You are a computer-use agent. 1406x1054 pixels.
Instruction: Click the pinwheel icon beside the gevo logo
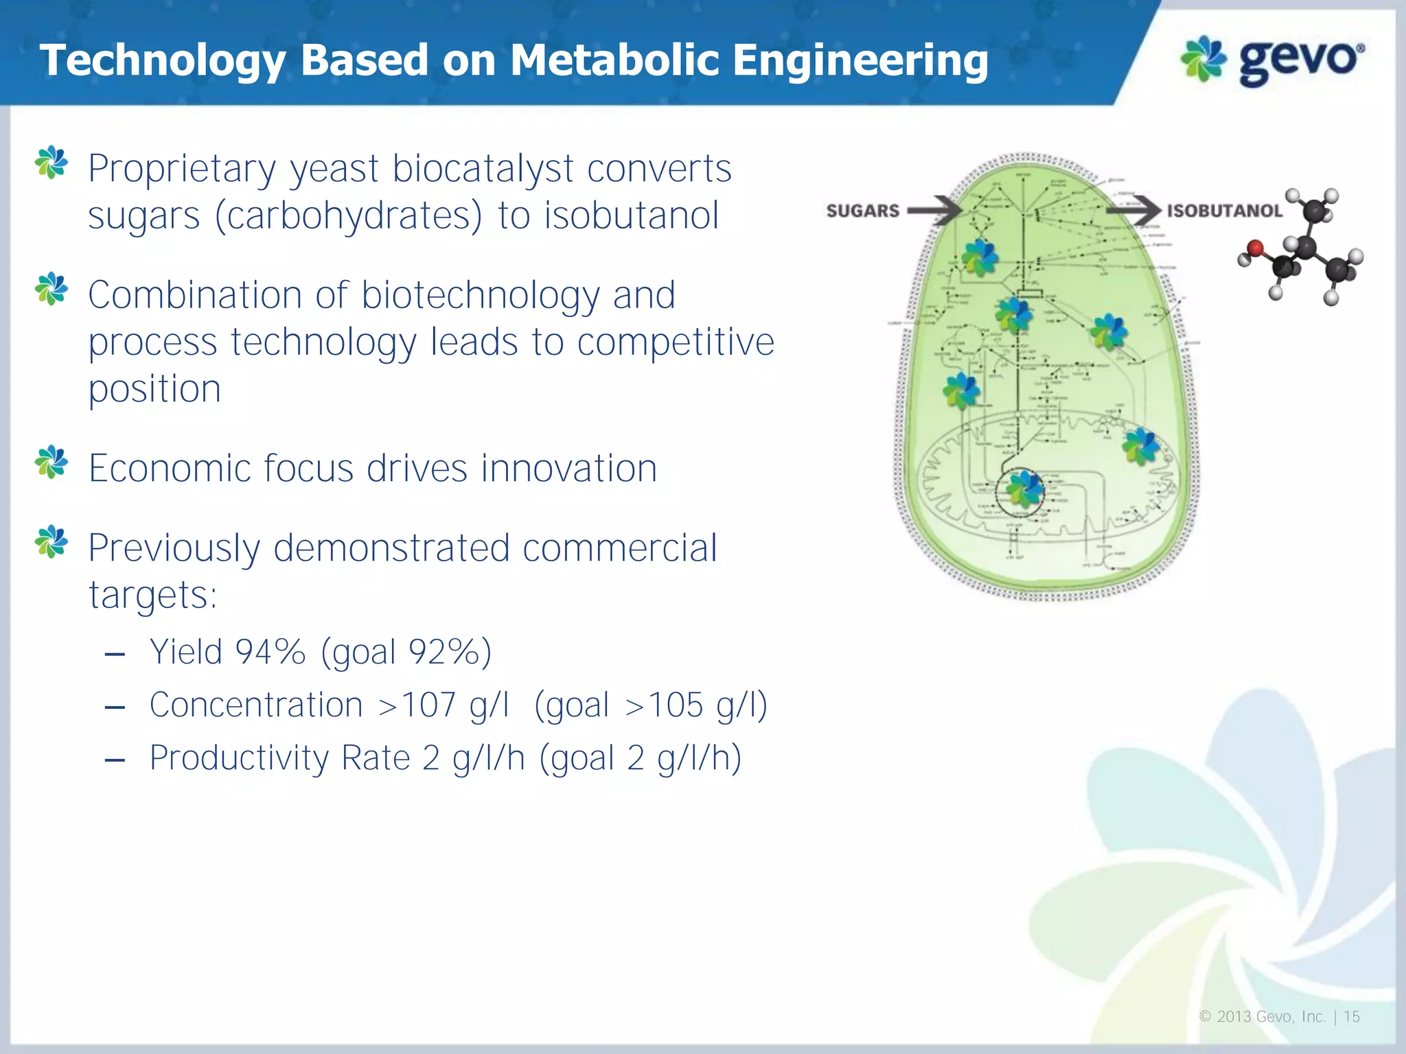coord(1203,59)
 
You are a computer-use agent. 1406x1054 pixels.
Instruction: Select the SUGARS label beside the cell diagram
coord(862,211)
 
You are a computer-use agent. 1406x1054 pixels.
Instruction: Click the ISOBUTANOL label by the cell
coord(1225,211)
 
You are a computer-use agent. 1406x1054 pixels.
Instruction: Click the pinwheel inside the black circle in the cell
coord(1024,491)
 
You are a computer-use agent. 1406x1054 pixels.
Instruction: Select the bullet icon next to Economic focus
coord(51,462)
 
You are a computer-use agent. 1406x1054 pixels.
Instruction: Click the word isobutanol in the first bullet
coord(632,215)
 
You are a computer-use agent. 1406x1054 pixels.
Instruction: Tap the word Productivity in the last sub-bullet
coord(240,758)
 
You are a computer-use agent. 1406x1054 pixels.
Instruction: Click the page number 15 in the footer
coord(1351,1017)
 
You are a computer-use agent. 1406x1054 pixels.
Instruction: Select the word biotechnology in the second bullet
coord(481,296)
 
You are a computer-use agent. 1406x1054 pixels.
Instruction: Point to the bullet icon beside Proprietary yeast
coord(51,163)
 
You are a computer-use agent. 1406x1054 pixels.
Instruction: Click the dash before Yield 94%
coord(115,653)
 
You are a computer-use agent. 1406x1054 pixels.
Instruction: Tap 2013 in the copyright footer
coord(1233,1017)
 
